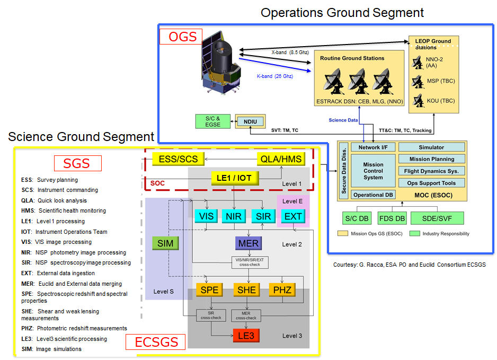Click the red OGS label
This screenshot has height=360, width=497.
[x=182, y=37]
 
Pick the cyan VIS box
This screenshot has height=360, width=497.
[x=207, y=216]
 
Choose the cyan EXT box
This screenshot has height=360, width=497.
[x=293, y=216]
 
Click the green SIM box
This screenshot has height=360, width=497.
[x=166, y=243]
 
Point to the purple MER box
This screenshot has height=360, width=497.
[x=248, y=243]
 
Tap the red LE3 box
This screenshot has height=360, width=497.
[x=246, y=335]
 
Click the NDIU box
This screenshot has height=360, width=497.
[x=250, y=121]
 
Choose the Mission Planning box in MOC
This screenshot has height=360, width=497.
[x=431, y=159]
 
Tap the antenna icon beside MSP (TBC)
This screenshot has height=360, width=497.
[x=418, y=81]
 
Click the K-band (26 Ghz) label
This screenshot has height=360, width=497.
[x=276, y=76]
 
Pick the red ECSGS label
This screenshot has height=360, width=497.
[x=155, y=341]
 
